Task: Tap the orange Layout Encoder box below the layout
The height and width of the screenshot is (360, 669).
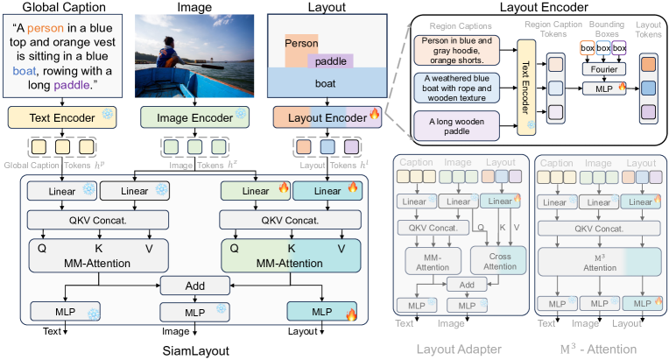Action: pos(320,116)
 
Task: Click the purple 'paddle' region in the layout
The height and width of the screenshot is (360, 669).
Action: pos(329,60)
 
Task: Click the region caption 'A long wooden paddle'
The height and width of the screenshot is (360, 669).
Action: pos(455,122)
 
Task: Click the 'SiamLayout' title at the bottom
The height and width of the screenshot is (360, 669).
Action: pos(195,349)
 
